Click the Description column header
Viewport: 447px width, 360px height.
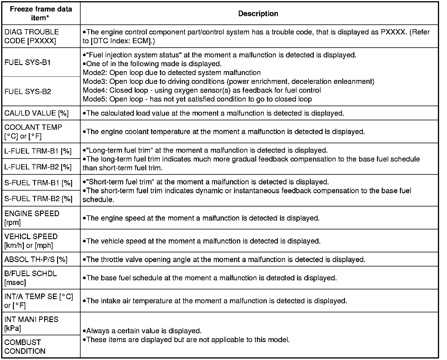point(258,14)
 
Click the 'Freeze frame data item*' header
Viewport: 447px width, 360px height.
point(41,13)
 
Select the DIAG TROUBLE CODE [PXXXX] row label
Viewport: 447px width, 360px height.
point(31,36)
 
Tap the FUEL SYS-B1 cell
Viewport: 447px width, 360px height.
point(28,63)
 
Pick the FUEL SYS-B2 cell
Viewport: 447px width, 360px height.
point(28,92)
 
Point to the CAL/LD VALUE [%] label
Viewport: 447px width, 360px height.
point(36,113)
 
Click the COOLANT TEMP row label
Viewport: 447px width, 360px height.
point(33,132)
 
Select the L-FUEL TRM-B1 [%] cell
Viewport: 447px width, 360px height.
point(38,151)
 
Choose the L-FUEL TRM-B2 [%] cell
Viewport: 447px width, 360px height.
point(38,167)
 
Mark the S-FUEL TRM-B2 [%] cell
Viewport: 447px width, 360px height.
point(38,199)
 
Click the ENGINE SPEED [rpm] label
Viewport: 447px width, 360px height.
point(32,218)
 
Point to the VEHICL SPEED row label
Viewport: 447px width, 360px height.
point(31,241)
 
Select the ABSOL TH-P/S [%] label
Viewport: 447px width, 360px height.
point(36,259)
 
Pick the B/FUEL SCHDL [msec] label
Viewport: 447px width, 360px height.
point(31,278)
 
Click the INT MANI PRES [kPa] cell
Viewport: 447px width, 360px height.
point(31,324)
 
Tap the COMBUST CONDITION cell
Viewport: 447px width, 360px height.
point(25,347)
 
